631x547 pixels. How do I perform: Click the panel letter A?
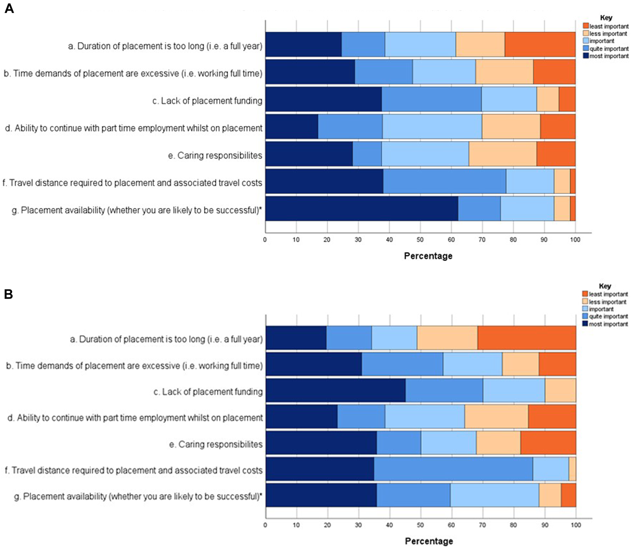[9, 8]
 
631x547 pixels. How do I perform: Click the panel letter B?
[8, 295]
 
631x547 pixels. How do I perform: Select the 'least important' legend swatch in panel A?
[585, 26]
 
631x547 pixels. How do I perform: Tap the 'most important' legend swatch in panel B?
[585, 324]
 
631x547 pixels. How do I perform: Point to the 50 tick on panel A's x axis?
[420, 240]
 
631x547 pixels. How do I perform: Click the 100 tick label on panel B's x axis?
[575, 525]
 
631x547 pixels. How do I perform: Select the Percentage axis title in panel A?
[428, 256]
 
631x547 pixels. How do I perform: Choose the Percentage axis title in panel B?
[429, 541]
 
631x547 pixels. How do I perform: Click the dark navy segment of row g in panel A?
[361, 209]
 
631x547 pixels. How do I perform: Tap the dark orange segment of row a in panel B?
[526, 338]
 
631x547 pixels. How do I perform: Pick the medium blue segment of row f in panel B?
[453, 469]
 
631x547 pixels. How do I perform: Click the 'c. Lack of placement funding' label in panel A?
[207, 101]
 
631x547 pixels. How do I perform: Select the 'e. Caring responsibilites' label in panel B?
[216, 444]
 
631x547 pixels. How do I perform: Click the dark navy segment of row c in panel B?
[335, 390]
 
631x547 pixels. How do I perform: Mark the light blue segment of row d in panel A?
[432, 126]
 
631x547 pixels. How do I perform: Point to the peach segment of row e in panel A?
[502, 154]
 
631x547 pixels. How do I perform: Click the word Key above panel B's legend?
[605, 286]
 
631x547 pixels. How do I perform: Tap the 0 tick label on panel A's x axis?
[265, 240]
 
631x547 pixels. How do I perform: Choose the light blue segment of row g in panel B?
[494, 495]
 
